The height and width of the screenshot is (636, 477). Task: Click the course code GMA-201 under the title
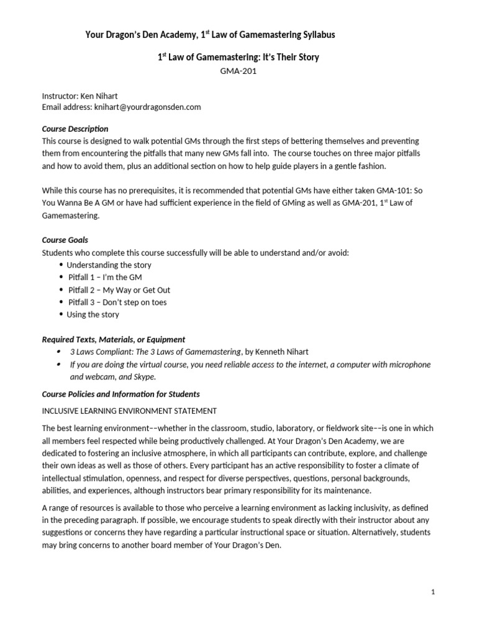[x=238, y=71]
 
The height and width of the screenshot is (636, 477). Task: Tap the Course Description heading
[x=75, y=129]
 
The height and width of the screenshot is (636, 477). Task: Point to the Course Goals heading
[x=65, y=240]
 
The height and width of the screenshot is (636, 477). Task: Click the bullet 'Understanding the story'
[x=109, y=265]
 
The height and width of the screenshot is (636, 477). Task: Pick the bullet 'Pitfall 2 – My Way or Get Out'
[x=119, y=289]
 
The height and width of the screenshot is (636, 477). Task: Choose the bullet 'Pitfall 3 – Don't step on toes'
[x=117, y=302]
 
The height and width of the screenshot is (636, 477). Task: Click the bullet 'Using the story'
[x=94, y=314]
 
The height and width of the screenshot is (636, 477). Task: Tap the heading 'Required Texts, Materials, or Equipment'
[x=113, y=340]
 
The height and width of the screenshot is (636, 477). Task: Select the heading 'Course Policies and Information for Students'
[x=120, y=394]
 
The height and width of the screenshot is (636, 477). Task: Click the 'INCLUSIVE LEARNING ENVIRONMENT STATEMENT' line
[x=129, y=411]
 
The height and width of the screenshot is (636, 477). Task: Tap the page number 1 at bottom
[x=434, y=593]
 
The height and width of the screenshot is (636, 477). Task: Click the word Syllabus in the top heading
[x=316, y=35]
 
